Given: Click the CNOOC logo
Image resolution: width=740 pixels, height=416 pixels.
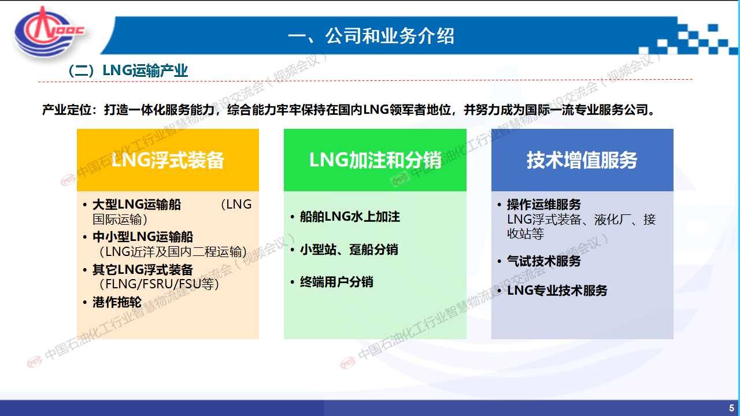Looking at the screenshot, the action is [50, 33].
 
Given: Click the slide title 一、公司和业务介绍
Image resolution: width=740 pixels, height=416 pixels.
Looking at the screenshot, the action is [371, 36].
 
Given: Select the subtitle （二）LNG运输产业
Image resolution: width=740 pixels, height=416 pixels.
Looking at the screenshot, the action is [128, 70].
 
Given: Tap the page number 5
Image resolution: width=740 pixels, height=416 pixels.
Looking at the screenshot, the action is [731, 408].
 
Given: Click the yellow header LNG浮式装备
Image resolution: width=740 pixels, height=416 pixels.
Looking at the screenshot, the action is [168, 160].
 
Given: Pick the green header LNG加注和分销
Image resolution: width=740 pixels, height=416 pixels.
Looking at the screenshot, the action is [375, 160].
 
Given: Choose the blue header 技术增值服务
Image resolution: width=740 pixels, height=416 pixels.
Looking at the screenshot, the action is [582, 160].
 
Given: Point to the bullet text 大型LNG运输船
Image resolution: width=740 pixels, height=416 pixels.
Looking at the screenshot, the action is [137, 205].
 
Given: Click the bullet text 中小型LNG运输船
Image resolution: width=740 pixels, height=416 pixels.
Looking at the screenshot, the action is [143, 237].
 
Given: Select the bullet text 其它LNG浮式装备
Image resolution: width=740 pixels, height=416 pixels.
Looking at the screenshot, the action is [143, 269].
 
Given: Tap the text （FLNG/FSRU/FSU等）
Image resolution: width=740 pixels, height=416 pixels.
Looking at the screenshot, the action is [158, 284].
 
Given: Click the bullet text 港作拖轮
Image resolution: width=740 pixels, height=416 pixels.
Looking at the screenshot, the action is [117, 302].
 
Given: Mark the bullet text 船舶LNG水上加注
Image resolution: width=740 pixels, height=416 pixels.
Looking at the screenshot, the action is [350, 217].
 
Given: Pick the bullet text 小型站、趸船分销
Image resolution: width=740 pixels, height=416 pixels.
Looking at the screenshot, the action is [349, 250].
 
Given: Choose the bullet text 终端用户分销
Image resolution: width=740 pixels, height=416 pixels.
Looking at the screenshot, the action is [336, 282].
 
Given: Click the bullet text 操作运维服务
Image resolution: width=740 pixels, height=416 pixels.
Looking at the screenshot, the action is [544, 205].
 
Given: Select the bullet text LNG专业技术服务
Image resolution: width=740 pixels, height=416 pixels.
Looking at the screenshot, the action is [557, 291].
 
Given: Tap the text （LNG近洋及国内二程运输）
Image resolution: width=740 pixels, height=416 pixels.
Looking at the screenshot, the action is [172, 252].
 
